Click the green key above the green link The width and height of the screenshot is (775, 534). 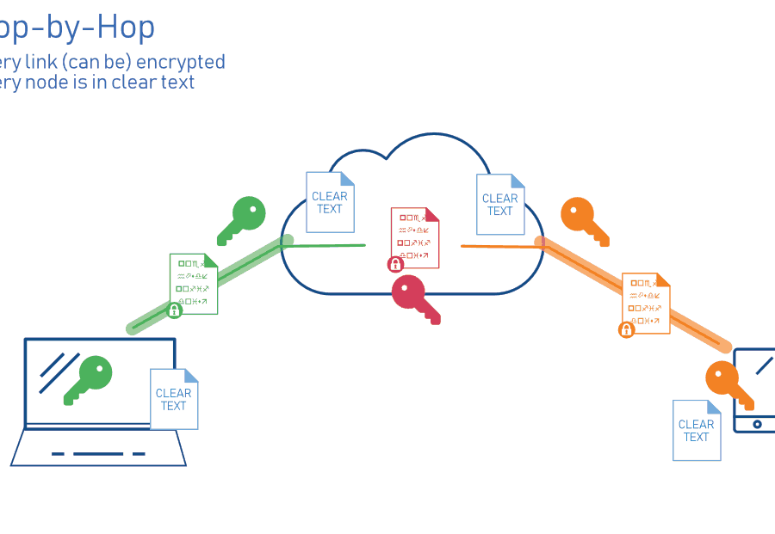click(242, 219)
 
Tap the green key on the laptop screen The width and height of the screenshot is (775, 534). click(90, 378)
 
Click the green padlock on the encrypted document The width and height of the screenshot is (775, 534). click(175, 310)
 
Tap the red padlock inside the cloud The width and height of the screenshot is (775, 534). click(396, 264)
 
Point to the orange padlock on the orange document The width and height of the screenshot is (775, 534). click(627, 329)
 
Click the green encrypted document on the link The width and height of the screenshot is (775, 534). click(195, 283)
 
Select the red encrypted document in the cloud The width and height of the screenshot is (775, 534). click(415, 237)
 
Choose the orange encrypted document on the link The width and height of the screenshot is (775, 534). click(647, 303)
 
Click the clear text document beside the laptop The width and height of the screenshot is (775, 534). click(174, 399)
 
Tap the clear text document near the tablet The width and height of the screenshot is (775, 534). click(697, 430)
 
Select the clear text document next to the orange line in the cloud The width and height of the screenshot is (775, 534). click(500, 204)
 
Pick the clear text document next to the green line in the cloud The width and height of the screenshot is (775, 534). click(330, 202)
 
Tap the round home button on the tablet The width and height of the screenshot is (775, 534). click(757, 424)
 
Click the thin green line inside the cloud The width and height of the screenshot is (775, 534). click(327, 245)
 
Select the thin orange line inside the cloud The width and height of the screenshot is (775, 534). click(499, 247)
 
